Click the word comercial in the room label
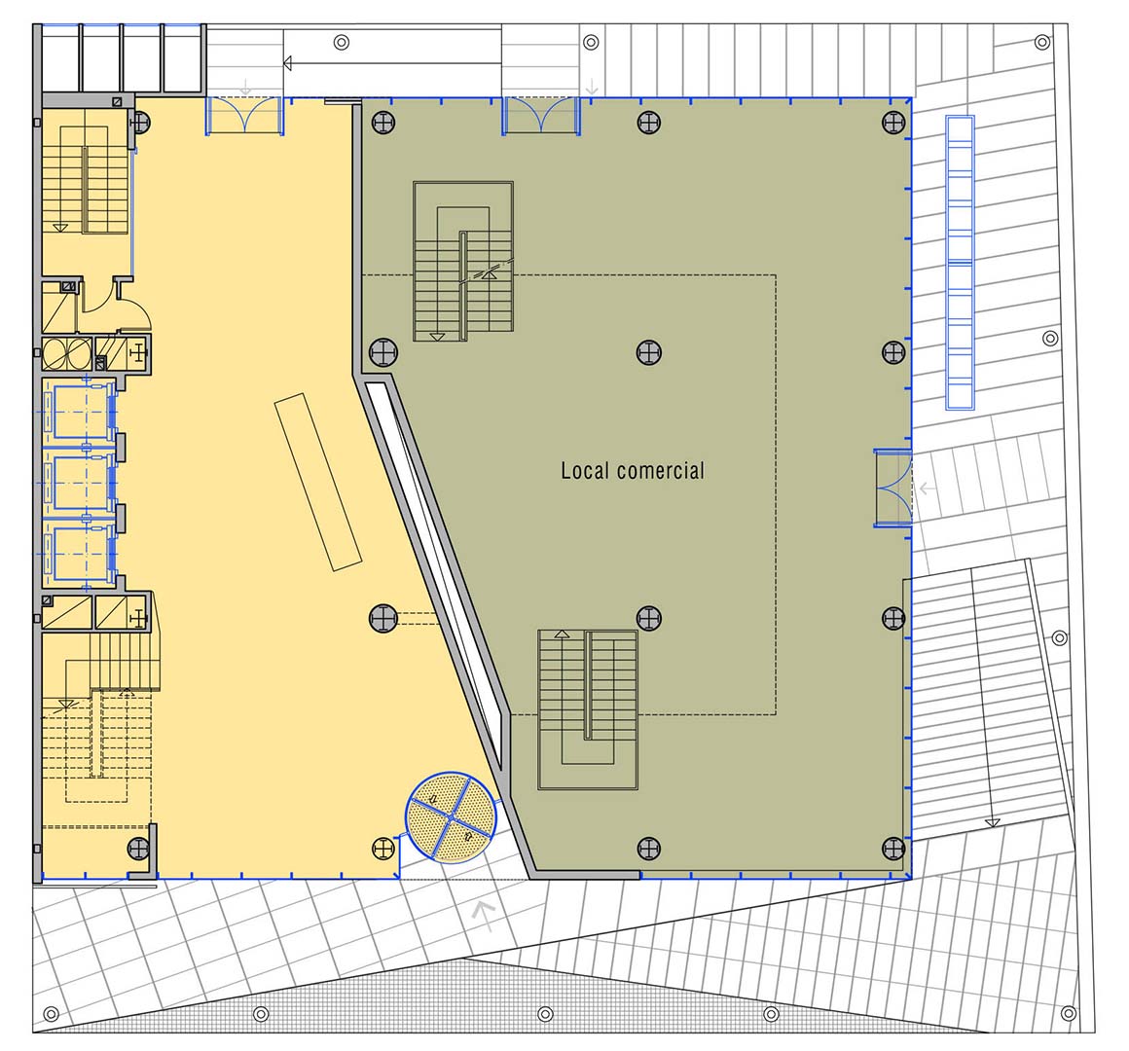660,471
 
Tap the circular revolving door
451,817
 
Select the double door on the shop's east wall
892,489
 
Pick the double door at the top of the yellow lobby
244,115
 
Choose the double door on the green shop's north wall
541,115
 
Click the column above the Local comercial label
649,352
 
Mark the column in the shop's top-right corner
893,123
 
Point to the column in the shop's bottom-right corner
893,848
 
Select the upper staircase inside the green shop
463,262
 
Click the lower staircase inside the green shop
588,709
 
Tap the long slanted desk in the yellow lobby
317,482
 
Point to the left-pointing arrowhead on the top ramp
288,63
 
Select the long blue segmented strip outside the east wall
960,263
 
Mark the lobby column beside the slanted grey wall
383,618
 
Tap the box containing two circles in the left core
66,352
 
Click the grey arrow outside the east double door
927,489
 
